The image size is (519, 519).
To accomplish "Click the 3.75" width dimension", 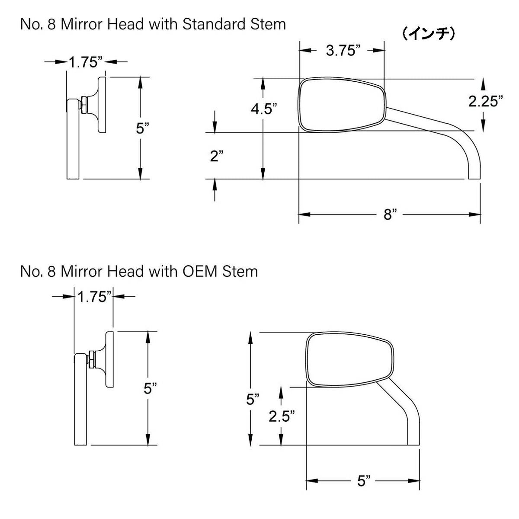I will pyautogui.click(x=343, y=51).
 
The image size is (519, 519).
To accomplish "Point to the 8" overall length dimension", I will pyautogui.click(x=390, y=214).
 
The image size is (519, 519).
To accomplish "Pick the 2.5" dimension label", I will pyautogui.click(x=282, y=416).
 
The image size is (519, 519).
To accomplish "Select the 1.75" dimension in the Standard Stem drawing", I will pyautogui.click(x=86, y=62).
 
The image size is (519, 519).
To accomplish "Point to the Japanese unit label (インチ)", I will pyautogui.click(x=428, y=34).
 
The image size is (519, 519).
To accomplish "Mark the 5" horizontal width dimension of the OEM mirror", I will pyautogui.click(x=364, y=481).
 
